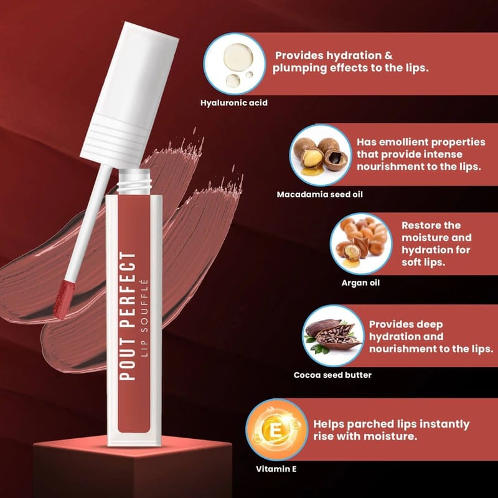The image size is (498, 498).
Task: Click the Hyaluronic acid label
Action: click(234, 103)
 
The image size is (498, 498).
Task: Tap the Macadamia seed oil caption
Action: click(319, 194)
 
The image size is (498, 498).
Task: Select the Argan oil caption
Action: click(360, 283)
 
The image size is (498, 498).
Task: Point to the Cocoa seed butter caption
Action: click(332, 375)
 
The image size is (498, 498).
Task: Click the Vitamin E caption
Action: click(276, 469)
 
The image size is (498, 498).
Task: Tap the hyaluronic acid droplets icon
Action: click(235, 64)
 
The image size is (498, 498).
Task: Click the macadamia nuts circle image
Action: click(321, 155)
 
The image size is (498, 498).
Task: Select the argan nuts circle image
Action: click(361, 244)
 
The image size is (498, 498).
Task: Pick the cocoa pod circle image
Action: click(333, 336)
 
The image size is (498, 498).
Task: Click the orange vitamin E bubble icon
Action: click(276, 430)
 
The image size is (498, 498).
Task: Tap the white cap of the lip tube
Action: click(129, 95)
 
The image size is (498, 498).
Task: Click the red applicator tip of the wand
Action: click(65, 299)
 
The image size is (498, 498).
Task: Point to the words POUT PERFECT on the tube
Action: click(128, 316)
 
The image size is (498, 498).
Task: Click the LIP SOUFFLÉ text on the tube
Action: click(144, 317)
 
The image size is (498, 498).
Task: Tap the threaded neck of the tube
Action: click(134, 182)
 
